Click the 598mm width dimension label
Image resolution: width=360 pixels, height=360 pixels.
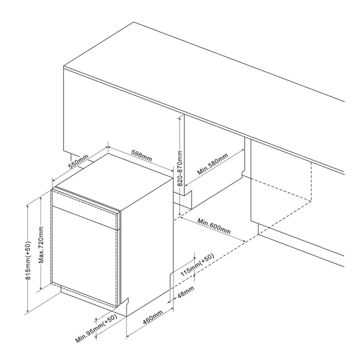142,156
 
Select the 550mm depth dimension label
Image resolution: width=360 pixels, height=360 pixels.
78,162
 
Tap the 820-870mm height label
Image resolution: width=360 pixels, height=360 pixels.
180,168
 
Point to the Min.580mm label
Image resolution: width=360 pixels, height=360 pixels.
213,164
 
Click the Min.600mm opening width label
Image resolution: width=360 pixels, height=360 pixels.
214,226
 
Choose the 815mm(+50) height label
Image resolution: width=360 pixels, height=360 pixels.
28,260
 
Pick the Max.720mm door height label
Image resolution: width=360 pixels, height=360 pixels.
41,245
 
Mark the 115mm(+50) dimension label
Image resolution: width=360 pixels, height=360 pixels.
198,265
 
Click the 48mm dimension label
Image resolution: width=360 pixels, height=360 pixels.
186,292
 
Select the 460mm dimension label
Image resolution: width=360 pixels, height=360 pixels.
153,317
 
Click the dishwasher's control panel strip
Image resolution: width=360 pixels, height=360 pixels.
85,209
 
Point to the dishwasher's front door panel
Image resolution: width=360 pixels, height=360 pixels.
84,256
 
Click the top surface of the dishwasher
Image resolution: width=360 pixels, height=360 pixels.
114,181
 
